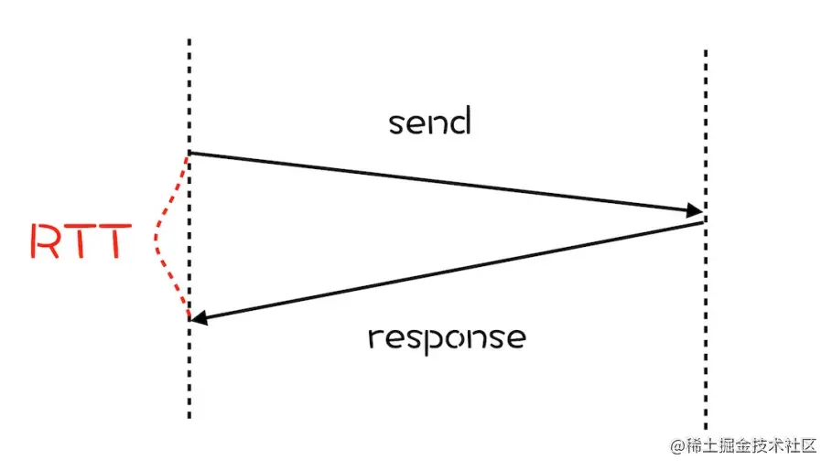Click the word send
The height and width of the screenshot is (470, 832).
(428, 122)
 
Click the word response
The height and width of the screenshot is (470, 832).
(447, 337)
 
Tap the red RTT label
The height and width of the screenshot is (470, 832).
(77, 240)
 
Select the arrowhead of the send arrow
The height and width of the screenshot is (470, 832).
(696, 212)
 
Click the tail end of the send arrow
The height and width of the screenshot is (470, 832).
(190, 153)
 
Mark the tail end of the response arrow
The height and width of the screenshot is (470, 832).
(703, 222)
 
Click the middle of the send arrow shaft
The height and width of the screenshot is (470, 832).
(444, 182)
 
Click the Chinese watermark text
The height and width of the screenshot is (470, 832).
(751, 445)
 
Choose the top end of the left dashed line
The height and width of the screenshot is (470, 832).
(189, 41)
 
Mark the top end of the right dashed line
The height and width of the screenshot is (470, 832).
(706, 52)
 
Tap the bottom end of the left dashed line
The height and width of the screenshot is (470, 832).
(189, 417)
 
